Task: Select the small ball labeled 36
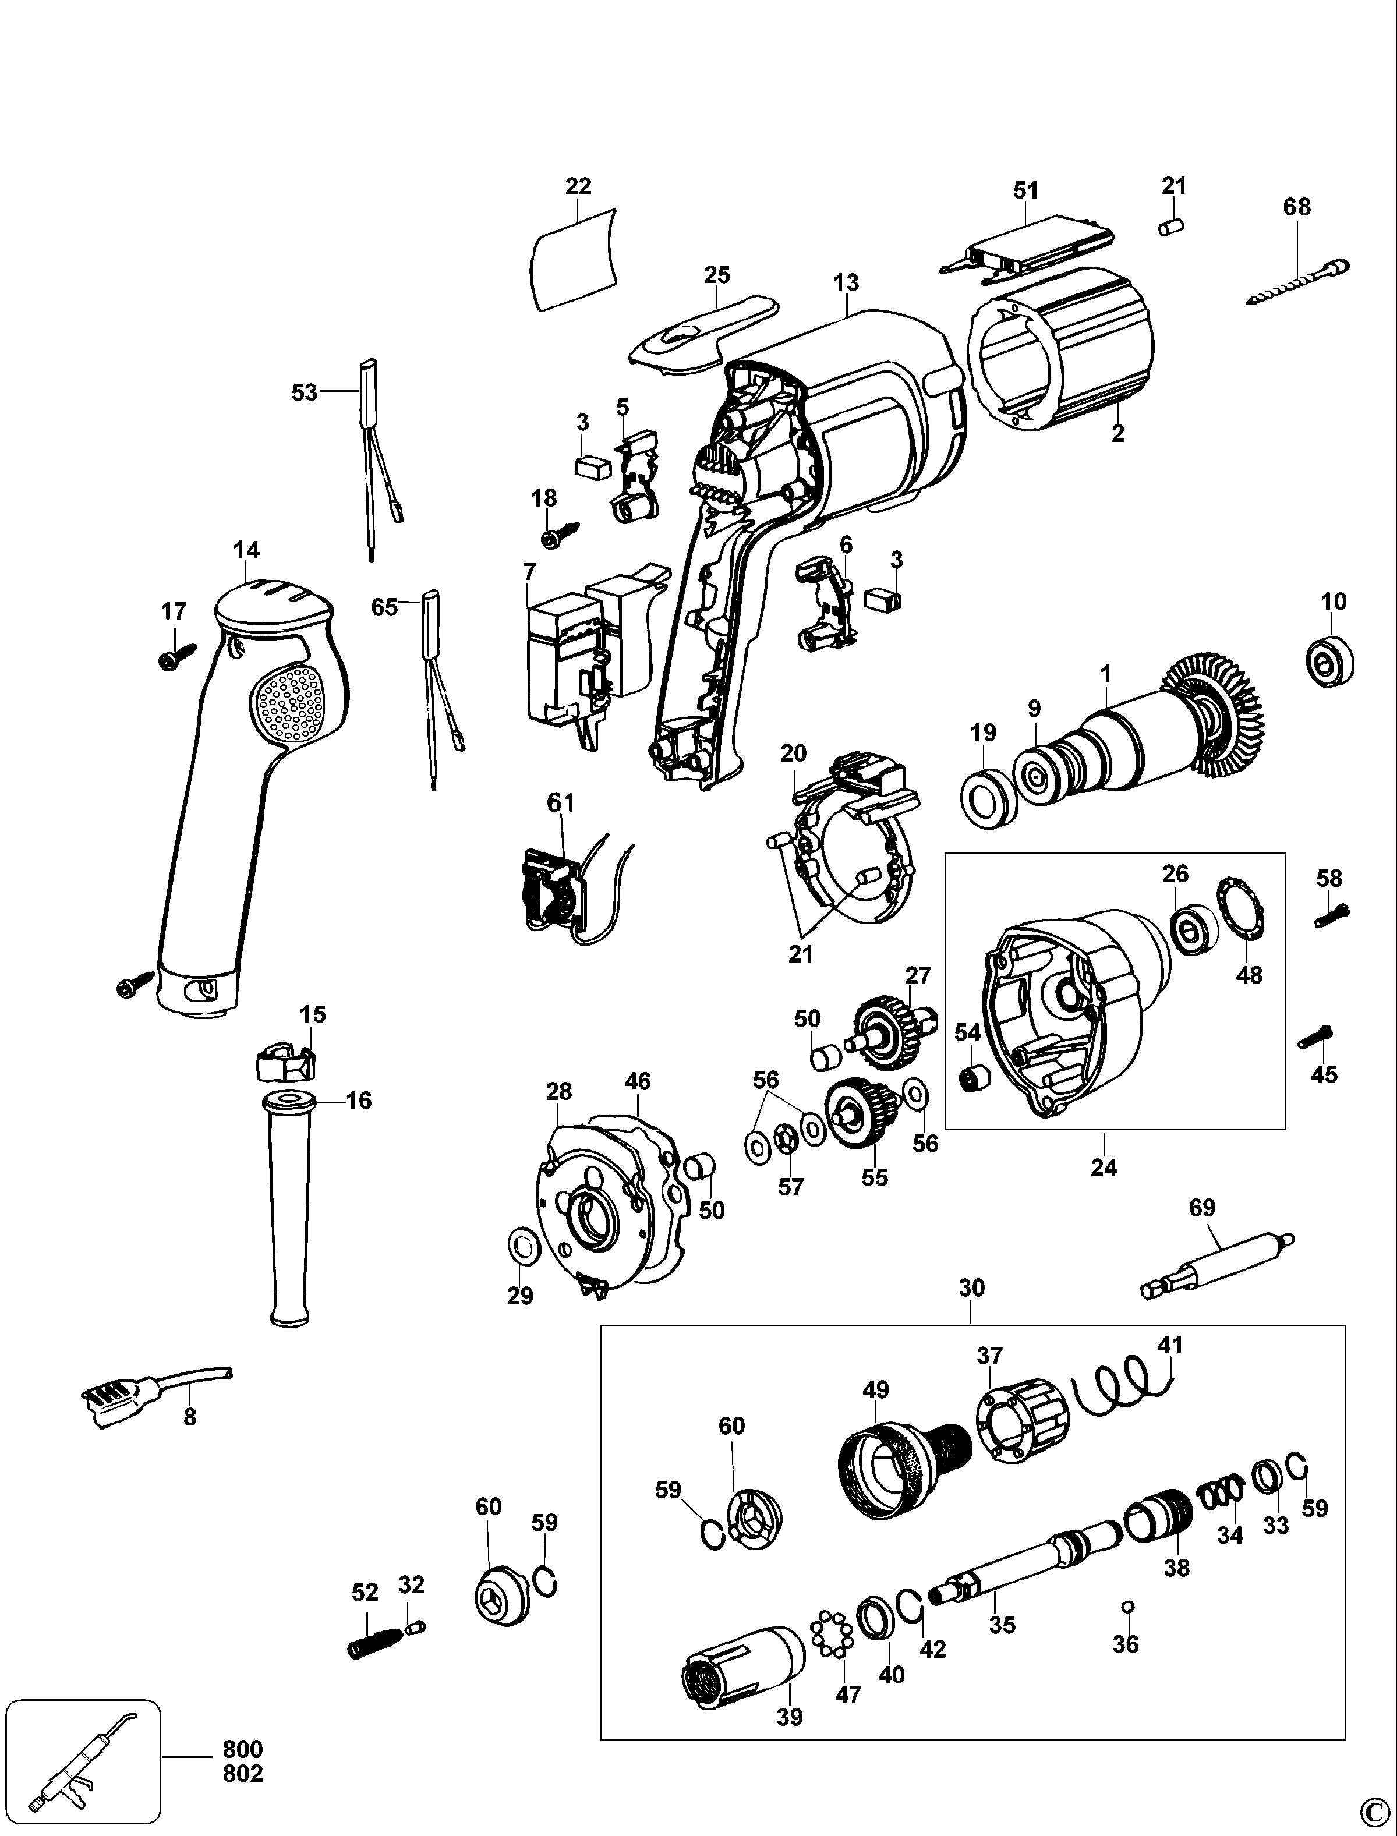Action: (x=1129, y=1605)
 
